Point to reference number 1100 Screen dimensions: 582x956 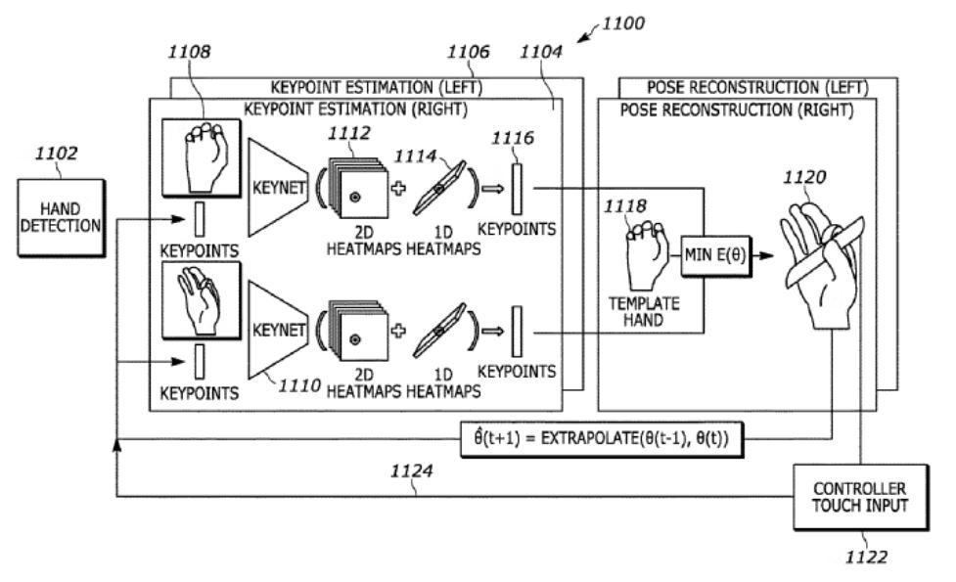625,22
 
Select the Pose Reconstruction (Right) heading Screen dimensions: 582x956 737,110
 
